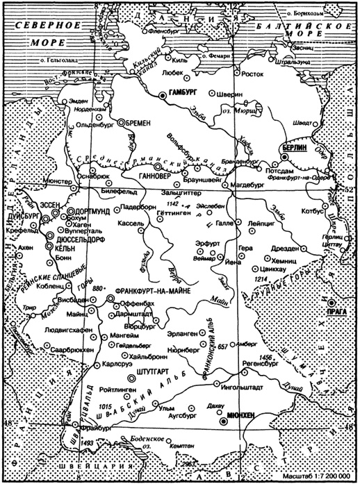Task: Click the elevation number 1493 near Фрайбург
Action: [x=86, y=442]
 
